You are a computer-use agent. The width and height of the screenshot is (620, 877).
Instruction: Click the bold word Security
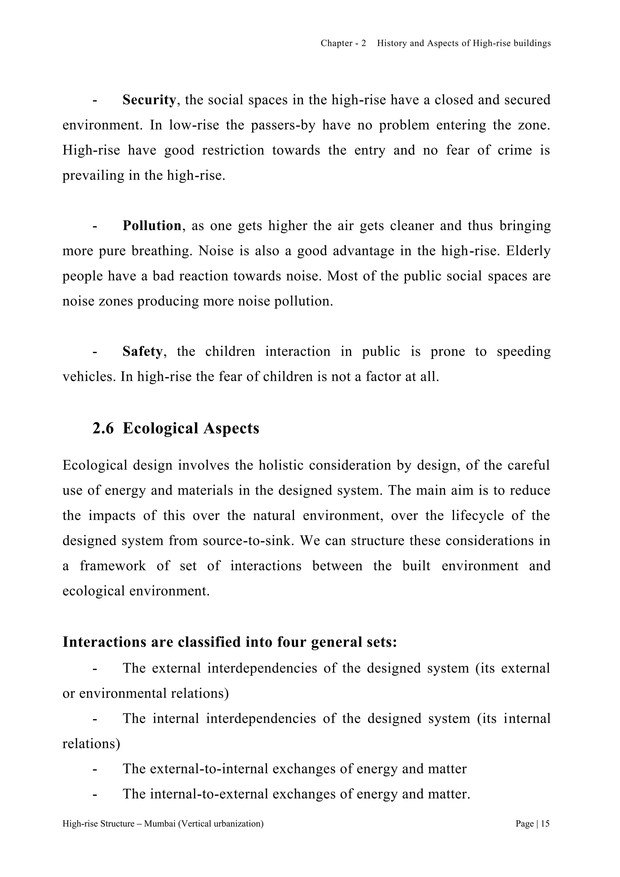click(149, 100)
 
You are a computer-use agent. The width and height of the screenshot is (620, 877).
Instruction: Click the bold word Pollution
click(152, 226)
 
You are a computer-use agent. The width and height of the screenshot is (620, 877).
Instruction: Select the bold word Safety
click(142, 351)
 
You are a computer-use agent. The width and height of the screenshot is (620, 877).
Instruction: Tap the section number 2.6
click(103, 429)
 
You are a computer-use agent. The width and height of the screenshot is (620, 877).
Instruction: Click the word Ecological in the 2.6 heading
click(160, 429)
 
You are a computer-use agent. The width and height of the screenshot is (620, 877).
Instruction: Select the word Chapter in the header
click(336, 44)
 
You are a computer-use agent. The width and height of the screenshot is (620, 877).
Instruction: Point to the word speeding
click(523, 351)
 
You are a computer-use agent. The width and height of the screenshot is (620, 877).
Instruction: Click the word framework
click(113, 566)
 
